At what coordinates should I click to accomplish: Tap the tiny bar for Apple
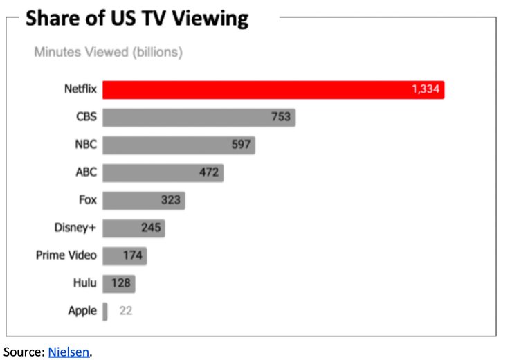105,311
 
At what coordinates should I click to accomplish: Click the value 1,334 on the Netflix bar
426,90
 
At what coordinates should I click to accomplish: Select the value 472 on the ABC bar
209,173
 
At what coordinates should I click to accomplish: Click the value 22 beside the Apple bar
125,311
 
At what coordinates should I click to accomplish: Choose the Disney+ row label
75,228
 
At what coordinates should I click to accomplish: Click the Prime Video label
66,255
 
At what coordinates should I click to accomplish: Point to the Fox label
88,200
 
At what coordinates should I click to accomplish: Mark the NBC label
86,145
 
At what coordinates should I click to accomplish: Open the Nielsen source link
69,352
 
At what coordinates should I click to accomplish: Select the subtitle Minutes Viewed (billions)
108,53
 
